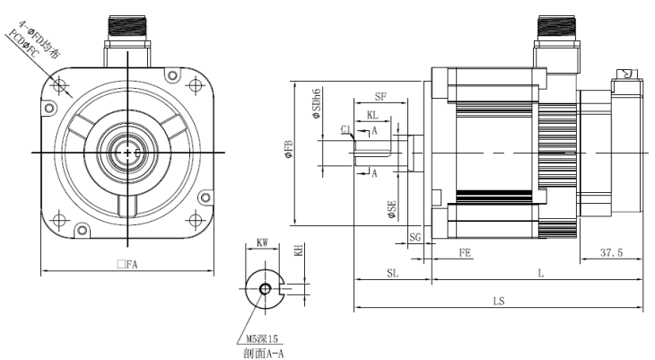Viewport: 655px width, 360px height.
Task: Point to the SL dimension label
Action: point(392,272)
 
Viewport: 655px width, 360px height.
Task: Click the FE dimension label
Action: point(465,254)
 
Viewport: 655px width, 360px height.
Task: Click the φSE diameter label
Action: point(392,213)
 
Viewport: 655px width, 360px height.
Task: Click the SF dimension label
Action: point(380,96)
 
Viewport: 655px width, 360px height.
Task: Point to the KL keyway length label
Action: point(371,116)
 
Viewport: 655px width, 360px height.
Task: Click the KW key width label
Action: point(262,243)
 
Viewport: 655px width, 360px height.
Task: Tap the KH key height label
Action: point(299,252)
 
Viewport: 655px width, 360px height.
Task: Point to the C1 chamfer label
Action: point(345,130)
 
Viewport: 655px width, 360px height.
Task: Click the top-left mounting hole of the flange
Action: point(60,86)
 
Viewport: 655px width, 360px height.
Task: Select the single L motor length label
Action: point(538,272)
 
